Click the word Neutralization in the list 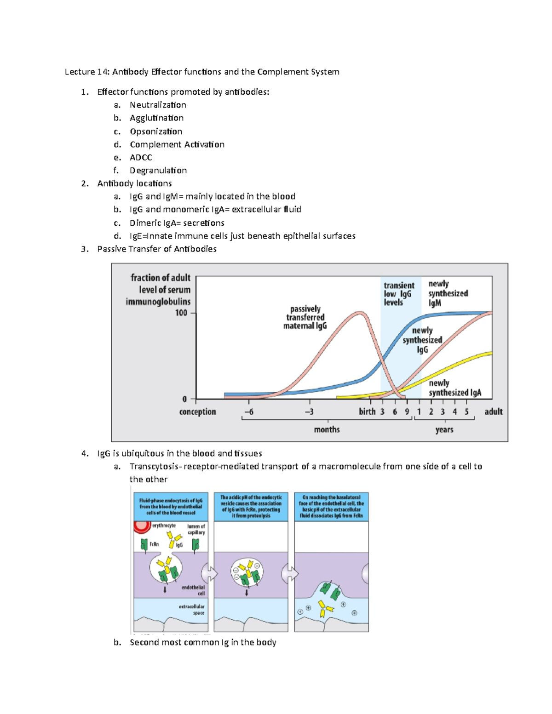[158, 105]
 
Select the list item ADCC [141, 157]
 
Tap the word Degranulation [158, 171]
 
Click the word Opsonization [156, 131]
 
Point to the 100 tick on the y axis [182, 313]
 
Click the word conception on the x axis [197, 411]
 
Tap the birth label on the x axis [367, 411]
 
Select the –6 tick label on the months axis [249, 411]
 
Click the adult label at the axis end [493, 411]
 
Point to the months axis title [327, 429]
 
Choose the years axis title [444, 429]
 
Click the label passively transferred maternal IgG [305, 317]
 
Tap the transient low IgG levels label [398, 294]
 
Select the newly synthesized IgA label [454, 388]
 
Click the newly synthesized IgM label [448, 293]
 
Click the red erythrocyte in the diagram [142, 525]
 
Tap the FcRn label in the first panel [154, 544]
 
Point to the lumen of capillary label [196, 529]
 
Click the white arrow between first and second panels [210, 573]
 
